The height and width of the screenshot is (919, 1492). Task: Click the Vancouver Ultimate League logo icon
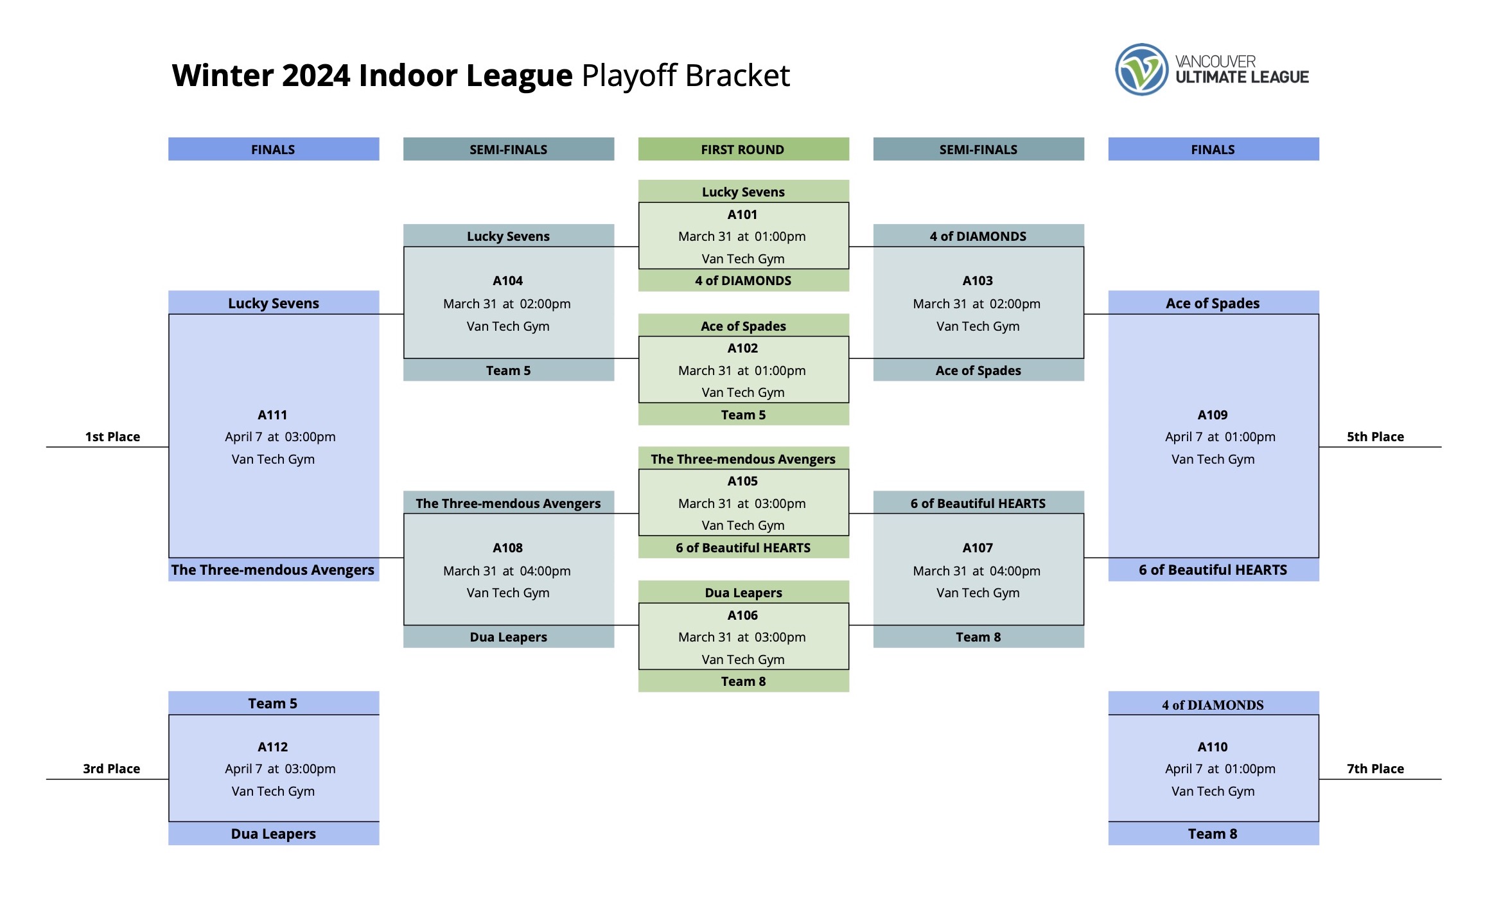1141,69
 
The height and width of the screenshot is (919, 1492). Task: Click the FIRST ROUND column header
742,150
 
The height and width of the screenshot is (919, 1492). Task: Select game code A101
742,214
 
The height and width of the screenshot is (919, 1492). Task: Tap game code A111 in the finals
272,415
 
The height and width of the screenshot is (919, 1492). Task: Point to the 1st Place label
112,437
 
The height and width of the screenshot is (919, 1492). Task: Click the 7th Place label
1375,769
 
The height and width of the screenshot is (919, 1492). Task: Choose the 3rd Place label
111,769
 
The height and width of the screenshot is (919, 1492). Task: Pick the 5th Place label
1375,437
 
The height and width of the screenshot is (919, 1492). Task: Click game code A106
742,615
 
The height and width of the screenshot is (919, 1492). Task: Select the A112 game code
272,747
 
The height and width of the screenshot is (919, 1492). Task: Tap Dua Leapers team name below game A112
273,834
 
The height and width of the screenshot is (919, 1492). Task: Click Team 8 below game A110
1213,834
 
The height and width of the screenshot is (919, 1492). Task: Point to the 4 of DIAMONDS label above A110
1213,705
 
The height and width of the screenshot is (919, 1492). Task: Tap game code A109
1213,415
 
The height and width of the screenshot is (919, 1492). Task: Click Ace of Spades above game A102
743,326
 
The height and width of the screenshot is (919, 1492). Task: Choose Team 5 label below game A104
508,371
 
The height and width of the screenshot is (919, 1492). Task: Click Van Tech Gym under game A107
978,593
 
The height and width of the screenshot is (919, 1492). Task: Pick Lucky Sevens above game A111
273,303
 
